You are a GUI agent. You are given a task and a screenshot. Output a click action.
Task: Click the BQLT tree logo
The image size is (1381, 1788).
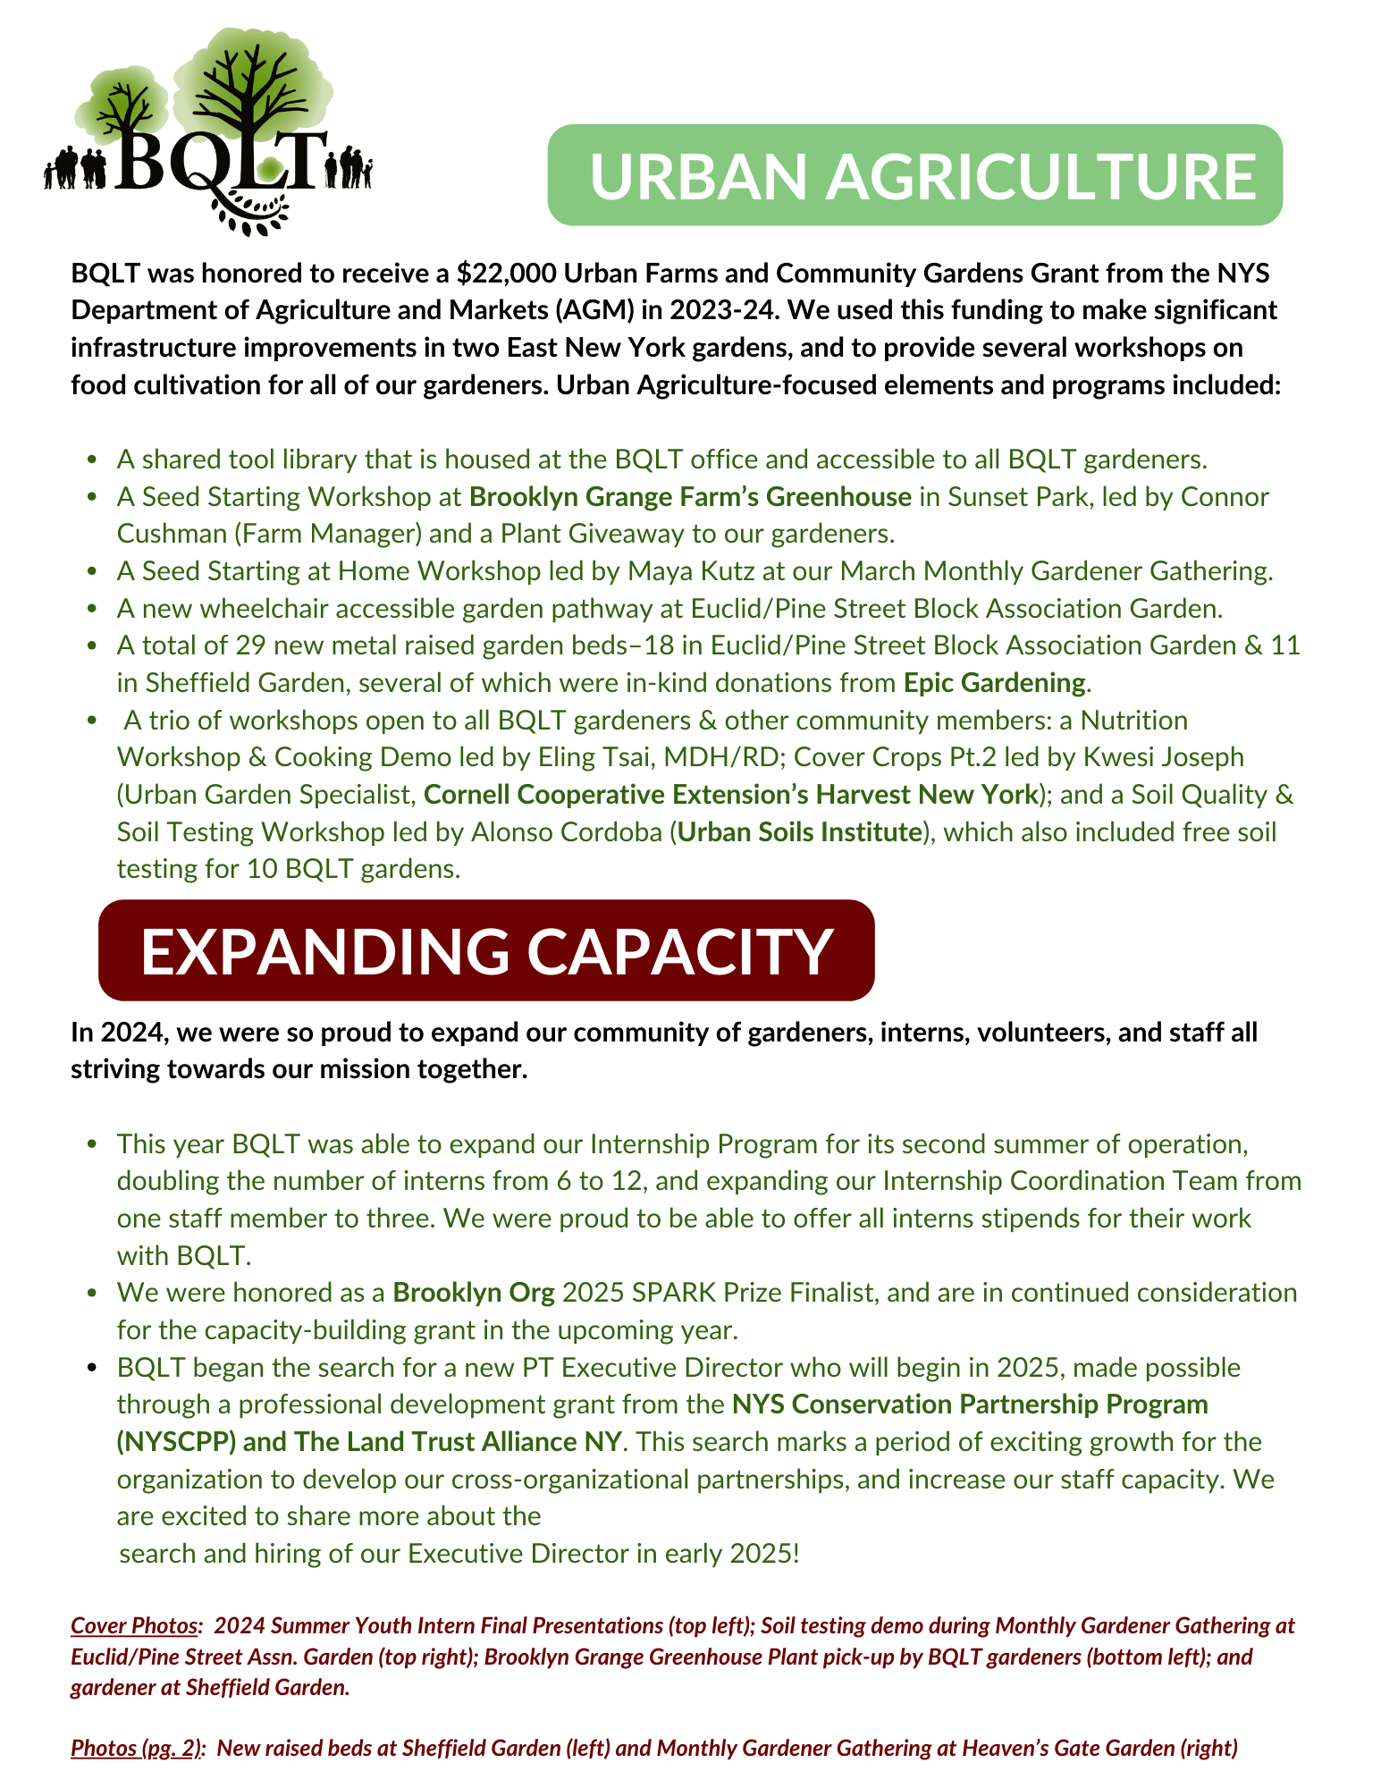(208, 134)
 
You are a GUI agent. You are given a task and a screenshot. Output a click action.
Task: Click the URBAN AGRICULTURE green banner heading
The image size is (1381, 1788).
(914, 175)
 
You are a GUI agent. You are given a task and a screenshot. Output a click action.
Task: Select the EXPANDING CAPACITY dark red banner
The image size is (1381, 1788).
(486, 950)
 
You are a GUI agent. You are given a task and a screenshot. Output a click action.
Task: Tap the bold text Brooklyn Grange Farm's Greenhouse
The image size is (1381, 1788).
(690, 496)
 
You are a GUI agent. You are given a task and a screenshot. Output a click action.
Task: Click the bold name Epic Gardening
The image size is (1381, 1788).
(994, 683)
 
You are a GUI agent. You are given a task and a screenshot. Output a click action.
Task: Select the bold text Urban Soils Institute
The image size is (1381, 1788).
(800, 832)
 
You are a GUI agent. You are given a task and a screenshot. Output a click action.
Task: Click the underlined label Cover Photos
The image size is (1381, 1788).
(135, 1625)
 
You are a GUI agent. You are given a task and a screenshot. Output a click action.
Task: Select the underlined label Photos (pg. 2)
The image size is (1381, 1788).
(136, 1748)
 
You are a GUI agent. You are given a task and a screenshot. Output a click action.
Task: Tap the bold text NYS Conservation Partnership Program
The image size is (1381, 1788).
(970, 1404)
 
